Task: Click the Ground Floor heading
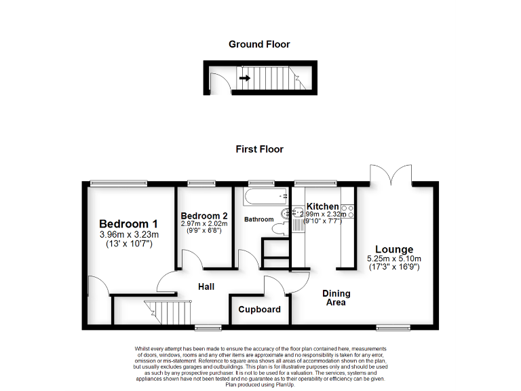[259, 45]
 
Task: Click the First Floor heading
[259, 149]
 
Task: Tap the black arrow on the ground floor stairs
[245, 78]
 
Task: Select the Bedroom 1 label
[129, 225]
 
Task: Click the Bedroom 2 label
[204, 216]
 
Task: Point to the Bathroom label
[259, 219]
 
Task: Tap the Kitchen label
[323, 206]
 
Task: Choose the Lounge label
[394, 250]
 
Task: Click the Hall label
[206, 287]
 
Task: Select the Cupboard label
[260, 310]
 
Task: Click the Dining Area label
[336, 298]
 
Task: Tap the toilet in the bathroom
[277, 229]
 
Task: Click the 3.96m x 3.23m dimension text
[129, 236]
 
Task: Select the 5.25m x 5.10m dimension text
[394, 259]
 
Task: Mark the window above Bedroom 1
[119, 182]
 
